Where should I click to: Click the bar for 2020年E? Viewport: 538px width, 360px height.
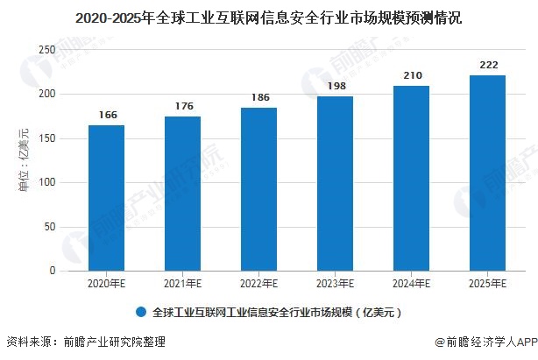[106, 198]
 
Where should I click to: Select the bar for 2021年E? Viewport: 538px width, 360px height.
[182, 194]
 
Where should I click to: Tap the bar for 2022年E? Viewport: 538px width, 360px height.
[258, 189]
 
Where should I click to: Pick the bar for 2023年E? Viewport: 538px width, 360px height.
[335, 184]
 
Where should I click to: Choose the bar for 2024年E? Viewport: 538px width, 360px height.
[411, 179]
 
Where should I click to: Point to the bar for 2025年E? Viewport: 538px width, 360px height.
[487, 173]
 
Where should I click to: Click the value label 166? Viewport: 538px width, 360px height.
[108, 115]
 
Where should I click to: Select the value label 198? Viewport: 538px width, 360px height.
[336, 86]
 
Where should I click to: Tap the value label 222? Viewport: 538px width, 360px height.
[489, 65]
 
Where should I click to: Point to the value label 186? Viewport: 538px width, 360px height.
[260, 97]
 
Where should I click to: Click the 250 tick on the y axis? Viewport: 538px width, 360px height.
[47, 50]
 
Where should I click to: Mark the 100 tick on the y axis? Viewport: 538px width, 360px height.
[47, 182]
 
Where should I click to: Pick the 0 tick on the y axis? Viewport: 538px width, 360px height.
[53, 271]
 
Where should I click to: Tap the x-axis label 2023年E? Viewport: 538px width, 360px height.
[335, 284]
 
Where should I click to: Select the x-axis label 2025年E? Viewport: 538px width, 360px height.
[487, 284]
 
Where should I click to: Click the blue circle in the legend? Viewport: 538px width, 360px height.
[141, 312]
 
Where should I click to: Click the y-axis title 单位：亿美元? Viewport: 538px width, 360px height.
[24, 159]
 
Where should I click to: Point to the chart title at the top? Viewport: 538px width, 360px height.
[269, 18]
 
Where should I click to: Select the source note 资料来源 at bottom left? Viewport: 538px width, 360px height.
[86, 342]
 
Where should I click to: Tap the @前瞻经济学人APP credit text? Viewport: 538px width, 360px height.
[486, 342]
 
